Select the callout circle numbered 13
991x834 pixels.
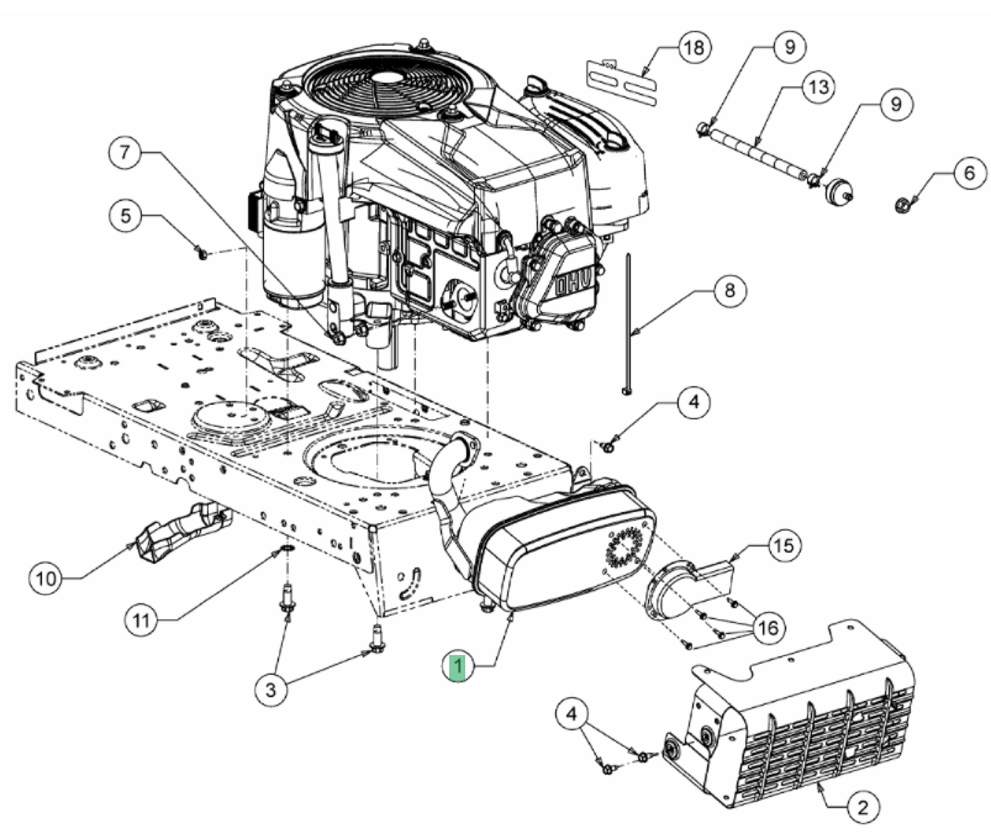819,88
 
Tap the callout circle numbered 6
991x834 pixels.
970,173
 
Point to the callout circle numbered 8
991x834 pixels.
729,291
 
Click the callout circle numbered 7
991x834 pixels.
125,152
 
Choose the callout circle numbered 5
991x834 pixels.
126,216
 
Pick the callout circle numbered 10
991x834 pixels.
46,578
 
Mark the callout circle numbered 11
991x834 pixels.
141,620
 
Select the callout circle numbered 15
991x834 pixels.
783,546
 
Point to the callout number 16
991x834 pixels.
769,628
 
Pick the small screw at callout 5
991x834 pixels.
202,255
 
